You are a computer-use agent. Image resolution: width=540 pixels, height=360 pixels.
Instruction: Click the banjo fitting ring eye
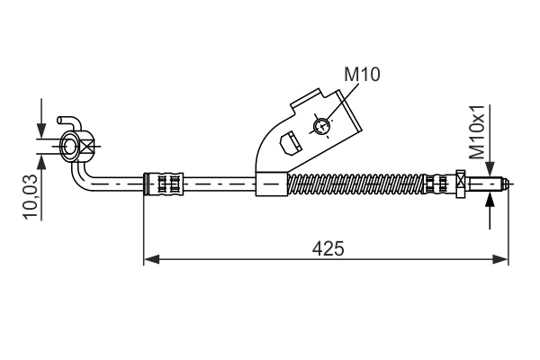69,147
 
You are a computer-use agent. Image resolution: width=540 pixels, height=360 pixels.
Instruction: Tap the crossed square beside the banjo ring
87,147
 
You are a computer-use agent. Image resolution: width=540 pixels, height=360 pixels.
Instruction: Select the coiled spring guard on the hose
355,184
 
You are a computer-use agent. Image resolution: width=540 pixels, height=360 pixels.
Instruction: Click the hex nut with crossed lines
460,184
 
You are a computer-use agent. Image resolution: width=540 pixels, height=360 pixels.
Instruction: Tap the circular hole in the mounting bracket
321,125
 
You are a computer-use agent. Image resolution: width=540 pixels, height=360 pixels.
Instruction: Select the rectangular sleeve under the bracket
271,184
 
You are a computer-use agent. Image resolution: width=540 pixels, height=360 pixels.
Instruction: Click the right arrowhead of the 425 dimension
502,259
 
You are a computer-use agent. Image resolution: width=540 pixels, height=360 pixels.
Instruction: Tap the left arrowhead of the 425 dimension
151,259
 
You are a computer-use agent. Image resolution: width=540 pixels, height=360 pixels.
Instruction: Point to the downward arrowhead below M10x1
489,170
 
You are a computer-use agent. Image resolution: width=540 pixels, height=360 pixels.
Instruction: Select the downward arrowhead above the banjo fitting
41,130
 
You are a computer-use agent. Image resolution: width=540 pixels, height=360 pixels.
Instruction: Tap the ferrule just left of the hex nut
436,184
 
